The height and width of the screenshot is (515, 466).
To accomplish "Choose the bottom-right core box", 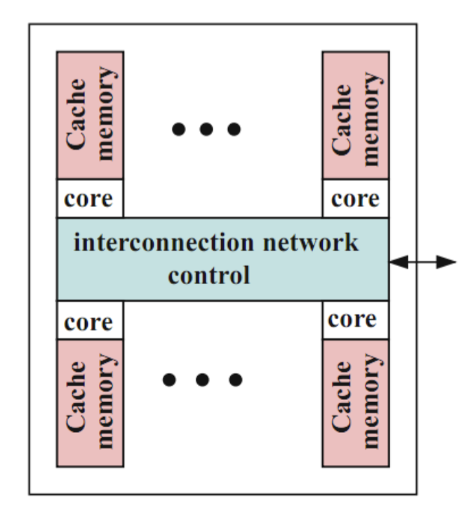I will [355, 320].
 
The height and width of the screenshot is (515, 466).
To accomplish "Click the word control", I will [208, 274].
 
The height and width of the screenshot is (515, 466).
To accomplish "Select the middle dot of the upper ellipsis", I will [207, 129].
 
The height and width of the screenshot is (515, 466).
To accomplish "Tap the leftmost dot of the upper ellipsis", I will [180, 129].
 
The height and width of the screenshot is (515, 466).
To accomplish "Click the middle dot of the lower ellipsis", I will [203, 380].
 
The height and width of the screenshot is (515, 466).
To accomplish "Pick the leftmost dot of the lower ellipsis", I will [170, 380].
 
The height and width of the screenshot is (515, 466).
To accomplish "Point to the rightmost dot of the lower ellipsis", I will [237, 380].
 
